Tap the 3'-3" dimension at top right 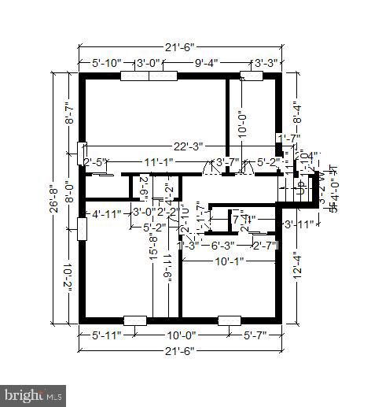264,64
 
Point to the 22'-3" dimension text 191,146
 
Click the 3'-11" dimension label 299,225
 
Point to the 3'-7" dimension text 228,163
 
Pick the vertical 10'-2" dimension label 69,276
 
